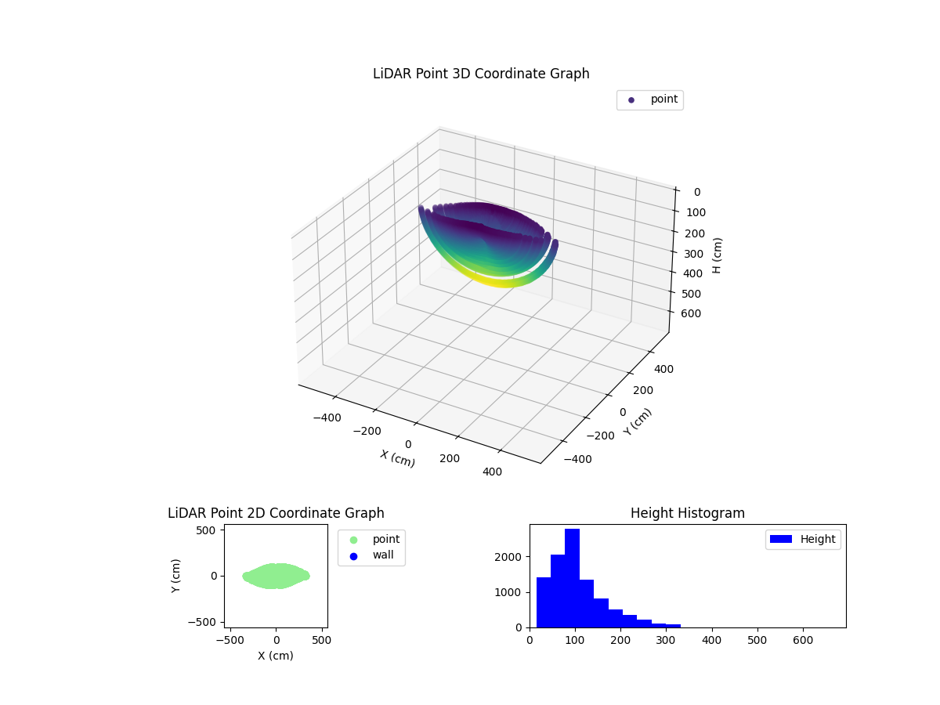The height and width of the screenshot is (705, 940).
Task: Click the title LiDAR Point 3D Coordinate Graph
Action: pos(481,74)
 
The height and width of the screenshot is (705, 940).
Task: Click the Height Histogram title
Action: pos(687,513)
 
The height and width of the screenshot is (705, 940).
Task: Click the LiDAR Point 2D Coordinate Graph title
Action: pos(276,513)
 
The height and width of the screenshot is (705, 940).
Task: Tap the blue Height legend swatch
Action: pos(782,539)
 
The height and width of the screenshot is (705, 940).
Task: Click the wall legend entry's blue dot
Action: pos(353,556)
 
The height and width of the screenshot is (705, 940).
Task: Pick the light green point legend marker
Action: pos(353,540)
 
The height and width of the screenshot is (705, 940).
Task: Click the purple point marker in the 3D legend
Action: pos(631,100)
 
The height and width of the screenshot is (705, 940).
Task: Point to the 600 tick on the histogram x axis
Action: pos(803,641)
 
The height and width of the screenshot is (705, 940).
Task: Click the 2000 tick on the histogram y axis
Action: pos(516,557)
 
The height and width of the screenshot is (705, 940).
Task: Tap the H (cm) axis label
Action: pos(718,255)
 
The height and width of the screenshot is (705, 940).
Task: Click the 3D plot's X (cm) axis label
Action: pos(397,458)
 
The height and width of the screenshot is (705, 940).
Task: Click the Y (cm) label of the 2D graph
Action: pos(177,576)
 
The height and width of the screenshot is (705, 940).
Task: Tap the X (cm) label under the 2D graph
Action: pos(276,656)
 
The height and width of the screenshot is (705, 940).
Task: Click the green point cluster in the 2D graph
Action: pos(276,576)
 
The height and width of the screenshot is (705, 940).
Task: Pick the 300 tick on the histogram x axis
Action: pos(666,641)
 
